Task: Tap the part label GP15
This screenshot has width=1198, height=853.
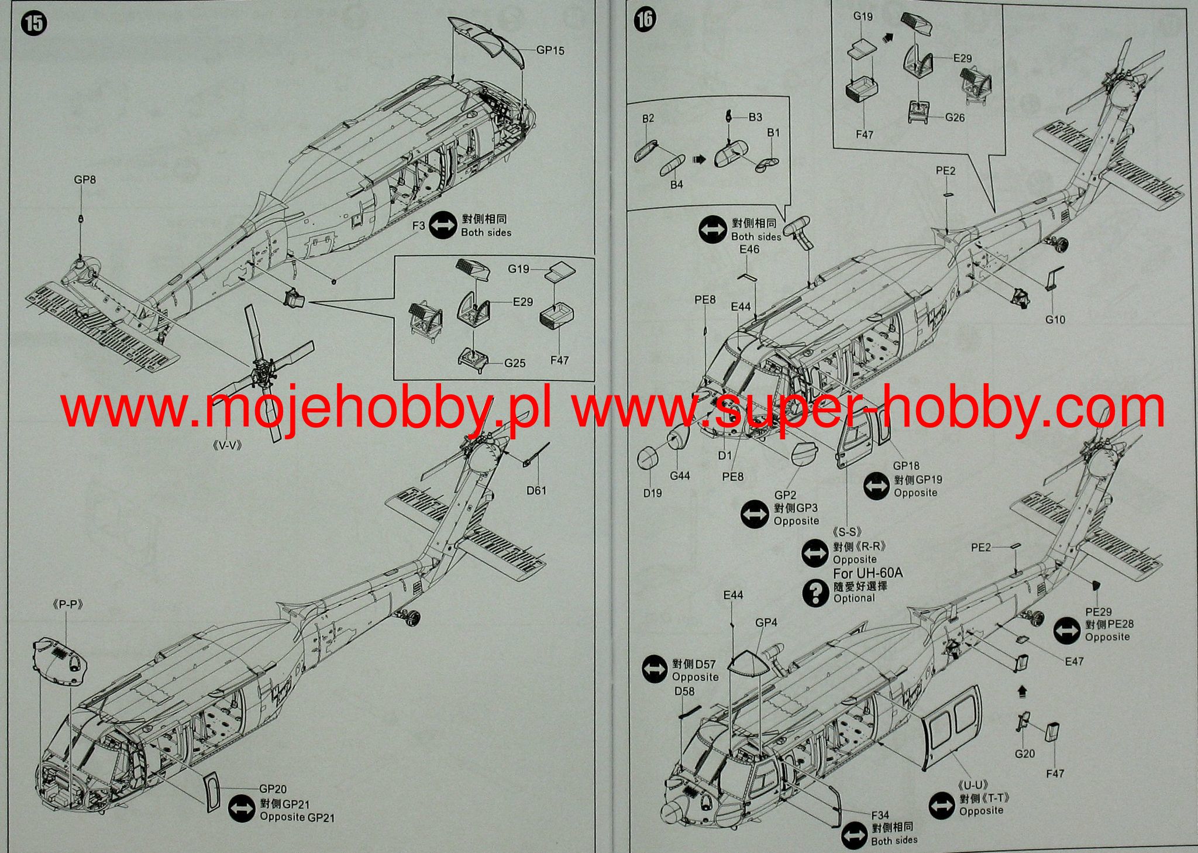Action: pyautogui.click(x=550, y=50)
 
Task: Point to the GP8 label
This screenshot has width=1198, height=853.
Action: pyautogui.click(x=85, y=180)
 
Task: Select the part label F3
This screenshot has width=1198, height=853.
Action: pyautogui.click(x=418, y=225)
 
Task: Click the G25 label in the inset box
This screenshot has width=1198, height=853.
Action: pyautogui.click(x=515, y=363)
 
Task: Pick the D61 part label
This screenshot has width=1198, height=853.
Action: pyautogui.click(x=536, y=490)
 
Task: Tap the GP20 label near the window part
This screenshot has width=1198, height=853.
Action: pyautogui.click(x=273, y=789)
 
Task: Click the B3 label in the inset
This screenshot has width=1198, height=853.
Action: pyautogui.click(x=755, y=117)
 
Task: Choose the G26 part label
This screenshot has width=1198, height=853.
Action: pyautogui.click(x=955, y=118)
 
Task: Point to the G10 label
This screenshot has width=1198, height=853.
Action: pyautogui.click(x=1055, y=319)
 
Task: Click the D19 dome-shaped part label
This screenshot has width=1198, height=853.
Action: pyautogui.click(x=652, y=493)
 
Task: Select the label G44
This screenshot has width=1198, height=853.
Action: pyautogui.click(x=680, y=476)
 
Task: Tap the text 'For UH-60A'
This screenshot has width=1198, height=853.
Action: pyautogui.click(x=867, y=573)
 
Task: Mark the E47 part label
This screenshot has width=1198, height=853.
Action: pyautogui.click(x=1074, y=661)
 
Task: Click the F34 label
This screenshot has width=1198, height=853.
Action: pyautogui.click(x=880, y=815)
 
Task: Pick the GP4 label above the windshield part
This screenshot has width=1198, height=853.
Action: pyautogui.click(x=766, y=622)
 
